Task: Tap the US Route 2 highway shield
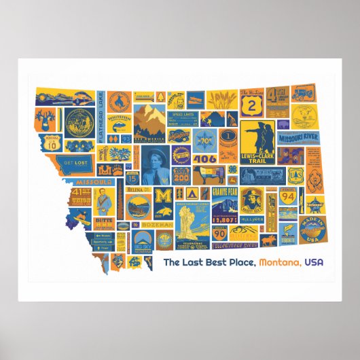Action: [x=255, y=105]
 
